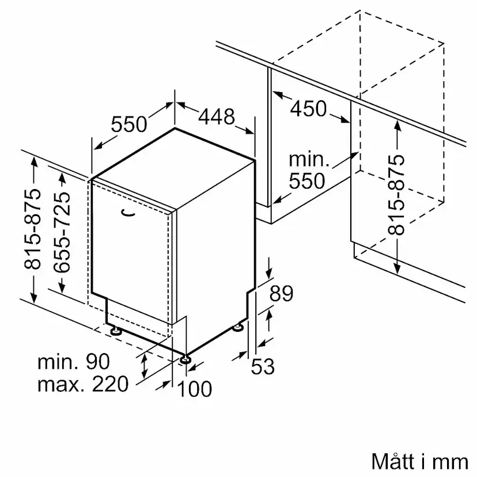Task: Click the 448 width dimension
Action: click(x=216, y=116)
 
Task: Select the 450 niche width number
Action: click(x=308, y=109)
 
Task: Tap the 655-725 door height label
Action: click(x=62, y=232)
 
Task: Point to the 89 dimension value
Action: click(x=281, y=293)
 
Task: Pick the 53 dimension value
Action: click(x=263, y=366)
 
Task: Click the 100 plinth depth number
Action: click(x=194, y=388)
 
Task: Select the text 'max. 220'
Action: click(x=83, y=384)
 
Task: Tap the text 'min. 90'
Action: click(x=73, y=361)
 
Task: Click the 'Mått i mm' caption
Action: click(x=420, y=461)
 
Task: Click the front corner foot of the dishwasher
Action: click(x=185, y=359)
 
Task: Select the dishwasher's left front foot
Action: click(x=116, y=331)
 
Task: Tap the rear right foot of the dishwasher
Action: click(x=238, y=327)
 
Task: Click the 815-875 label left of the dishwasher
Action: click(x=32, y=229)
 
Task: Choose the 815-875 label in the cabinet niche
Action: click(x=396, y=195)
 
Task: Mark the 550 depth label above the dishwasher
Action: click(x=129, y=124)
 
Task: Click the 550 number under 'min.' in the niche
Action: click(x=307, y=181)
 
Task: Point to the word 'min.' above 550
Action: click(x=309, y=160)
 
